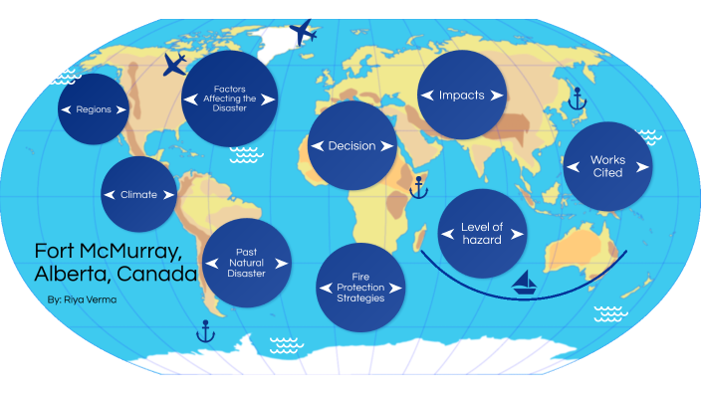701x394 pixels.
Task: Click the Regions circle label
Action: [93, 109]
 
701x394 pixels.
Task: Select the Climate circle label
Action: [138, 195]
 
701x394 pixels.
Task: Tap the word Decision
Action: [351, 146]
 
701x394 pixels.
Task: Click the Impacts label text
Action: [461, 96]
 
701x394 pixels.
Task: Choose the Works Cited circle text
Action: [607, 166]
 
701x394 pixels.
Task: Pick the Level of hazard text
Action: [482, 233]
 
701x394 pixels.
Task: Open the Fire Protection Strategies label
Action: [360, 288]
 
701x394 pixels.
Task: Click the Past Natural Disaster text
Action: [247, 264]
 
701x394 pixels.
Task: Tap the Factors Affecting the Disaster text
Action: [230, 99]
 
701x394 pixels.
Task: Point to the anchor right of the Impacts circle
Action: [575, 97]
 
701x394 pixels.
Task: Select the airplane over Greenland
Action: [303, 32]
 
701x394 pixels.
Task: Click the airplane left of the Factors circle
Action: [174, 66]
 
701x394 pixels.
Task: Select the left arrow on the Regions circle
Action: [65, 109]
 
